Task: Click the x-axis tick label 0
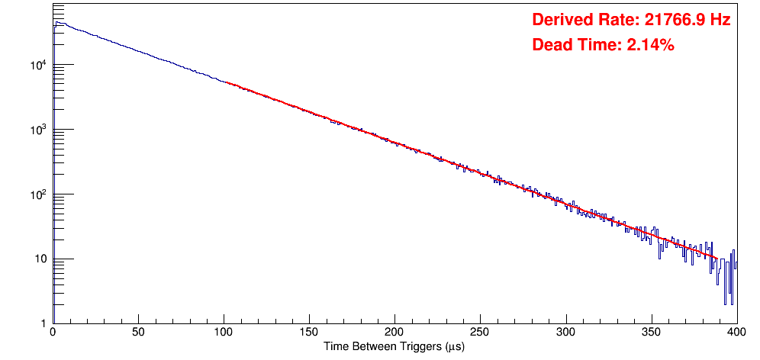(52, 333)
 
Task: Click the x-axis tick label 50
(138, 333)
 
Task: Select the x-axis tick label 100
(224, 333)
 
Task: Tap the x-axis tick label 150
(309, 333)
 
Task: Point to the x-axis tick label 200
(394, 333)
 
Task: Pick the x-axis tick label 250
(480, 333)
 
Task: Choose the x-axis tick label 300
(565, 333)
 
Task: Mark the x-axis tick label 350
(651, 333)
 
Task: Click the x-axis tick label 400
(736, 333)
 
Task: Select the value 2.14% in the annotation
(650, 45)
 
